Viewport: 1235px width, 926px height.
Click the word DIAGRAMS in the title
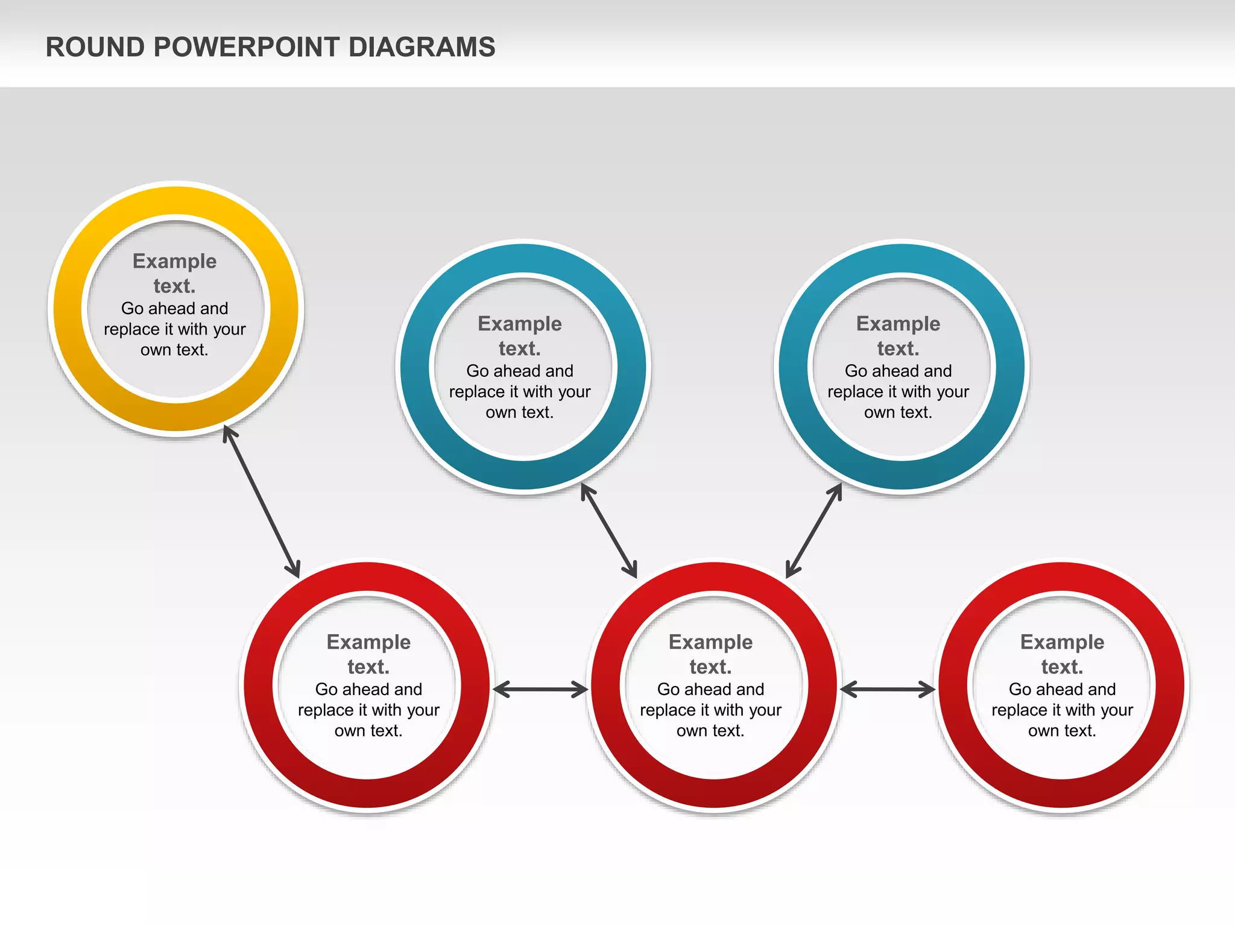pos(422,47)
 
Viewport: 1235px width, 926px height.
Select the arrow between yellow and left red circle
pos(261,501)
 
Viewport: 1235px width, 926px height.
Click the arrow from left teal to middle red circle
pos(608,531)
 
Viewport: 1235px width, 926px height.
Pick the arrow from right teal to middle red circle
pos(814,531)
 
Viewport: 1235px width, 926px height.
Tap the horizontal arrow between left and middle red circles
pos(540,689)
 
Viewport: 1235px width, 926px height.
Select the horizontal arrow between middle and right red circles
pos(887,689)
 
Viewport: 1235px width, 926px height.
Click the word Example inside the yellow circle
pos(174,261)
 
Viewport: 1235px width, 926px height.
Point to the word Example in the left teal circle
pos(519,324)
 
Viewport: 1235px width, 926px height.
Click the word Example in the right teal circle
pos(898,324)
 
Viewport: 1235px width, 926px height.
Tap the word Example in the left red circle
pos(368,642)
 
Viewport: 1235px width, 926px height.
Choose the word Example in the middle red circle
pos(710,642)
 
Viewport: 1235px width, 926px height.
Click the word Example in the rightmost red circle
pos(1062,642)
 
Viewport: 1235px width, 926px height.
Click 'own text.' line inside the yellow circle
pos(174,350)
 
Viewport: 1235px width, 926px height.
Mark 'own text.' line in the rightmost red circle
pos(1062,731)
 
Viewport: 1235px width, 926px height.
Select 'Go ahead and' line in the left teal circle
pos(519,371)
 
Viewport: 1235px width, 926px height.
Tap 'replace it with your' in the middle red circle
pos(710,710)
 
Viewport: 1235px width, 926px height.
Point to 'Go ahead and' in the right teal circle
pos(898,371)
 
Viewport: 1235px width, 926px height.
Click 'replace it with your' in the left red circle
pos(368,710)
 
